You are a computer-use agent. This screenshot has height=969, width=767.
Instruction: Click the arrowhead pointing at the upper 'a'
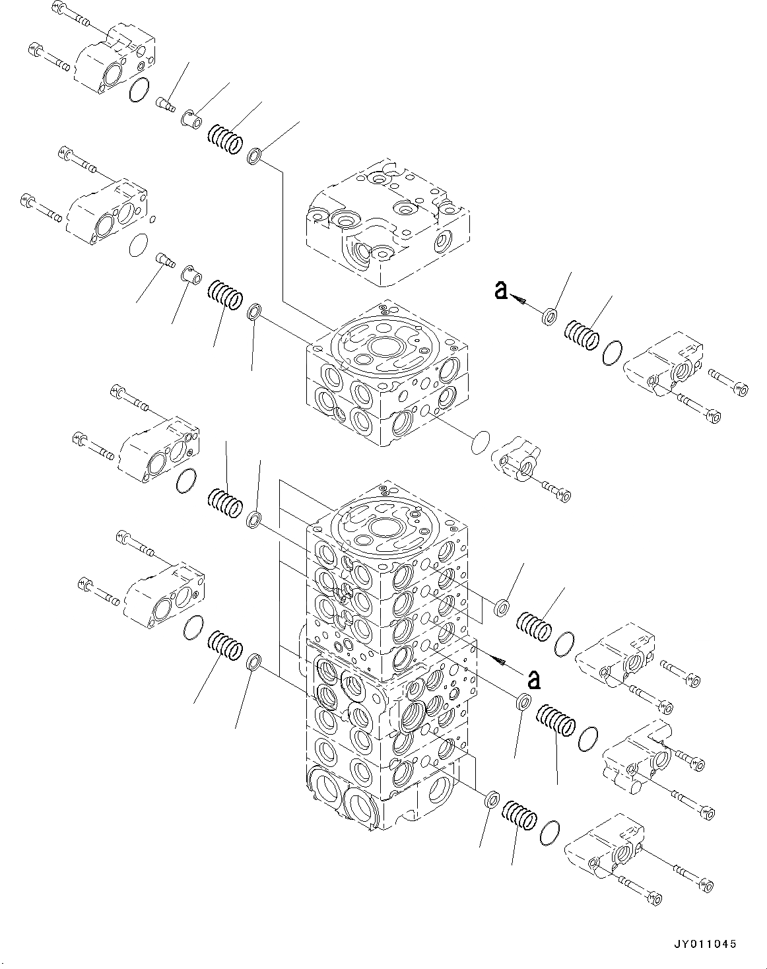pyautogui.click(x=518, y=300)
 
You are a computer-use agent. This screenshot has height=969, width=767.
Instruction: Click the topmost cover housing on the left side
pyautogui.click(x=116, y=59)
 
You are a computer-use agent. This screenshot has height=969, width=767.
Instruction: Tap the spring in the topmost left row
pyautogui.click(x=225, y=138)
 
